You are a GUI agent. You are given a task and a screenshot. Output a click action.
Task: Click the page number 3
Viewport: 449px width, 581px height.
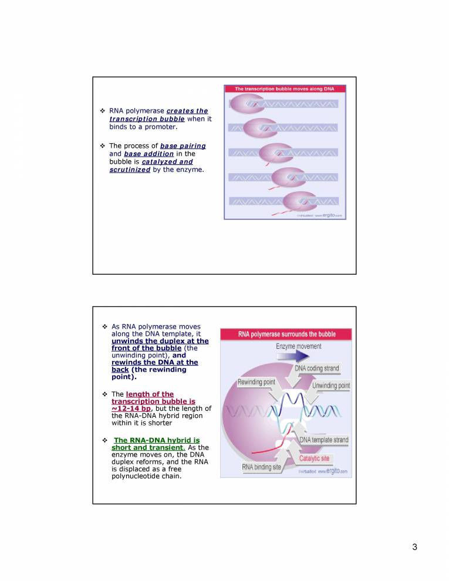click(414, 548)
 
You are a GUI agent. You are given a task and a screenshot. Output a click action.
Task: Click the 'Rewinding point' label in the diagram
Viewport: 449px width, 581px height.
click(256, 382)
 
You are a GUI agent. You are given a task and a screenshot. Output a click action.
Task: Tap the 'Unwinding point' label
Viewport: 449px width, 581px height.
click(331, 386)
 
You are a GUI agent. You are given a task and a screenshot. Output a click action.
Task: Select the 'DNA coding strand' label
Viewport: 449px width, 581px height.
click(316, 368)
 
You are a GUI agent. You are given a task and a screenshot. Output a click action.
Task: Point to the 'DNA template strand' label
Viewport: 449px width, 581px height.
click(324, 440)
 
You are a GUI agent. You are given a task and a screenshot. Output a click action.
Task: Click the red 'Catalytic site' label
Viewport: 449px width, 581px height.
click(315, 458)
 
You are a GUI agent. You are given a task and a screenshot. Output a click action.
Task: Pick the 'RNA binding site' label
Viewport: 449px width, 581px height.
click(262, 467)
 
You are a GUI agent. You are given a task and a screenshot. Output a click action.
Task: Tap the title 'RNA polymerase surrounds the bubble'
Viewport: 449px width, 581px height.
click(286, 334)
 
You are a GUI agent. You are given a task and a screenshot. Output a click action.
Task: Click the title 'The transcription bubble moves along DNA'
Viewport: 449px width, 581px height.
click(284, 89)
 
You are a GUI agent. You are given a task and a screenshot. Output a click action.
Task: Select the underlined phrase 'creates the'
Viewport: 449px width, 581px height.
click(187, 111)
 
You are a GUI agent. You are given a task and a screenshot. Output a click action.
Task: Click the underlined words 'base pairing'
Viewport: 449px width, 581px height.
click(183, 146)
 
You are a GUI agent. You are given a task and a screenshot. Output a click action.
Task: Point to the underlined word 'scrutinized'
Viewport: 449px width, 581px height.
click(130, 170)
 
